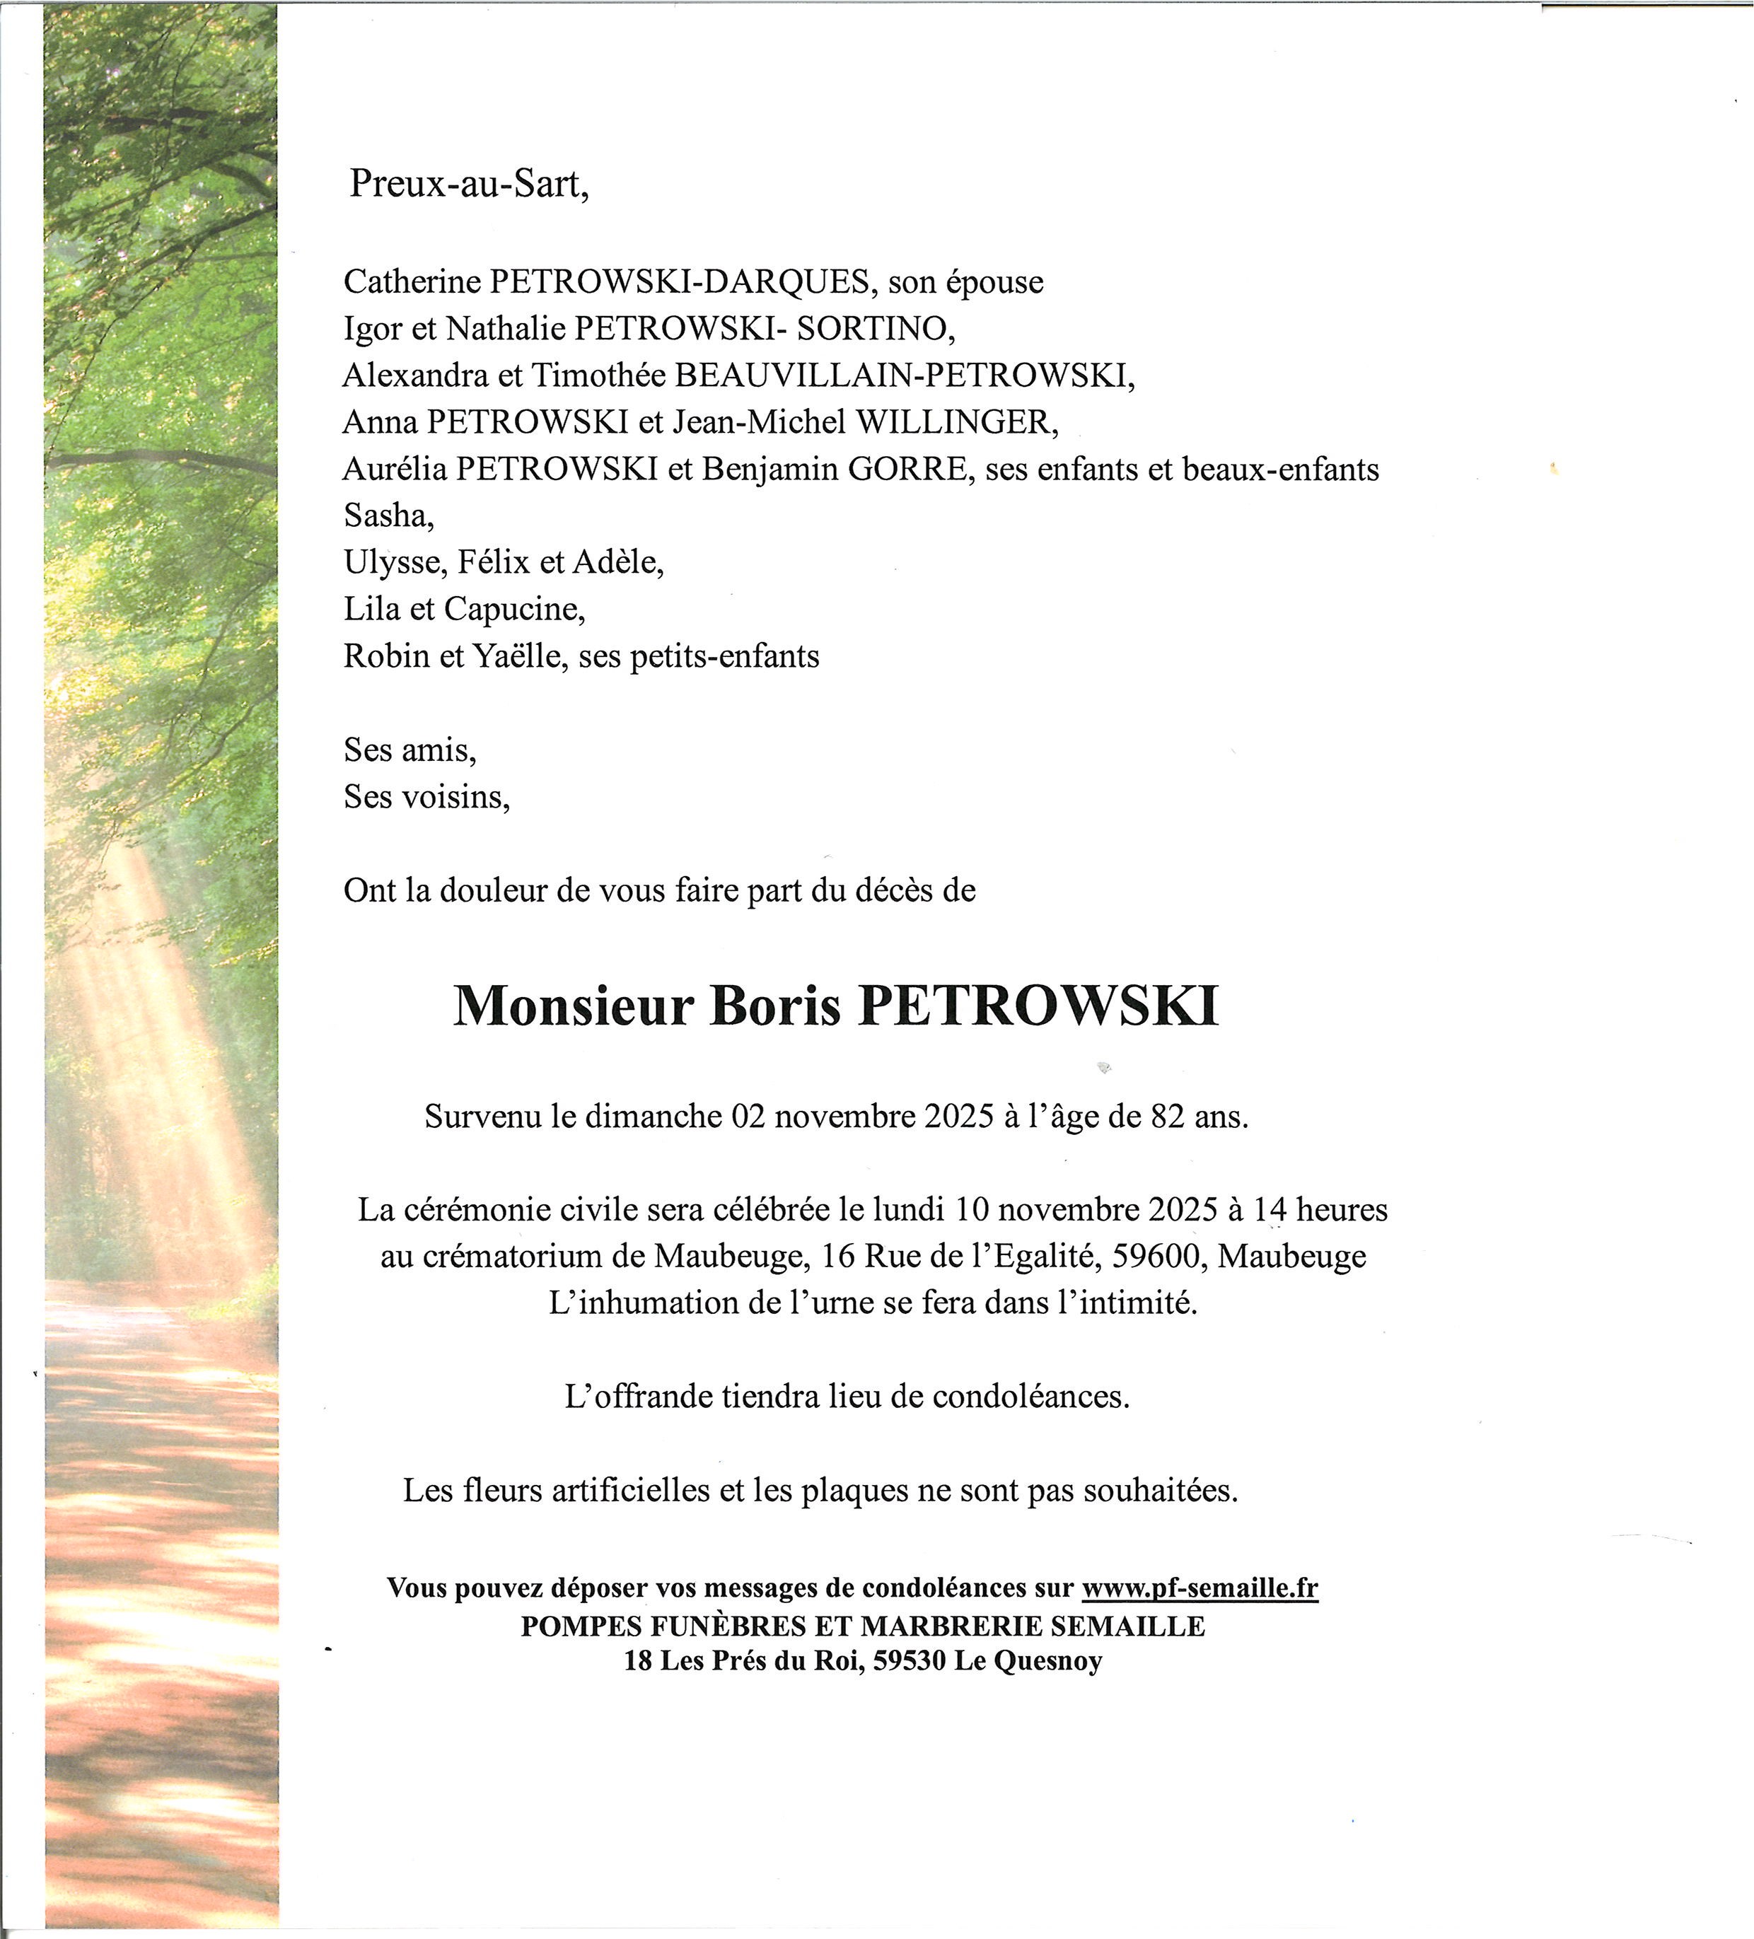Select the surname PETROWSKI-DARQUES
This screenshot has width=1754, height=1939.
coord(681,282)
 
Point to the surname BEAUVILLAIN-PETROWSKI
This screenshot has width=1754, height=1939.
coord(905,375)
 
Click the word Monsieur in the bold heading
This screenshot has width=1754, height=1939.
coord(574,1007)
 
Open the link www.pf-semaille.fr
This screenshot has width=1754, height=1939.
coord(1199,1588)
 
